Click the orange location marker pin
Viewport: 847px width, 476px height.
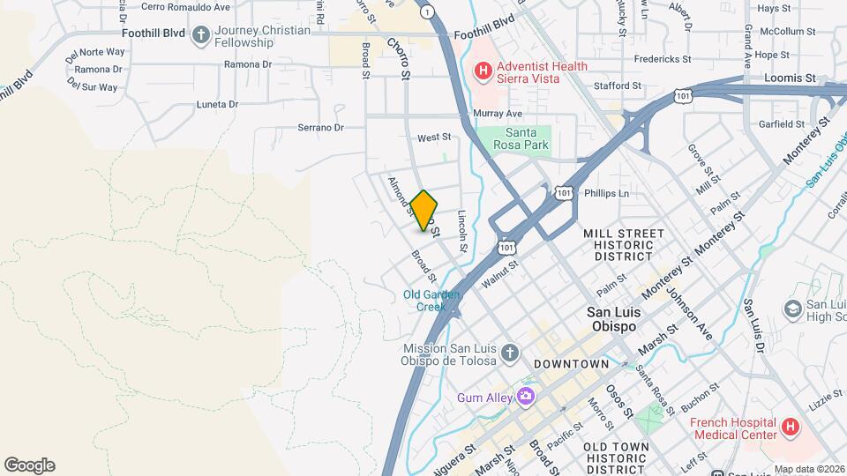[424, 211]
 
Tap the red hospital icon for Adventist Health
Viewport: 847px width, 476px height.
[483, 69]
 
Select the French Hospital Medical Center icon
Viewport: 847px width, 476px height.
[791, 428]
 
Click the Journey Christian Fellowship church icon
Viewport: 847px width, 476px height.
[200, 35]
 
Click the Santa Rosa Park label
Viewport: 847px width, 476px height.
[521, 138]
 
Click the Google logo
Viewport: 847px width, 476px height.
[29, 465]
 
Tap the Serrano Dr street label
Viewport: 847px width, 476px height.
[320, 128]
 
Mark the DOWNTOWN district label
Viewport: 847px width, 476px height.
[571, 364]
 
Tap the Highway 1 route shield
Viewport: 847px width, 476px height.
[428, 11]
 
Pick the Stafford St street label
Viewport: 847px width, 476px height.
[617, 86]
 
